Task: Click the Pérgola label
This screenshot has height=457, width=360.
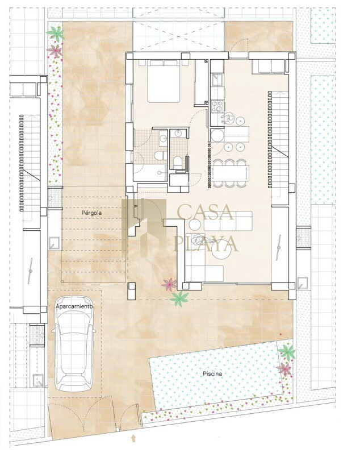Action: click(x=91, y=213)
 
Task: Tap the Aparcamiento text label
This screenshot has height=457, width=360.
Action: click(x=74, y=306)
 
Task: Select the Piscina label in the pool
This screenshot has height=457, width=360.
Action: click(x=212, y=373)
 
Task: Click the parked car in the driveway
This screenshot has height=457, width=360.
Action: click(x=74, y=344)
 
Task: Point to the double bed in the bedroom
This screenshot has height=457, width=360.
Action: click(x=164, y=81)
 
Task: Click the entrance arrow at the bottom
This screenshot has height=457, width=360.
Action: click(x=133, y=438)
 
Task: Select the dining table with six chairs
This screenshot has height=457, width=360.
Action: click(x=231, y=173)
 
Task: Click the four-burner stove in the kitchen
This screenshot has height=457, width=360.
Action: click(x=217, y=106)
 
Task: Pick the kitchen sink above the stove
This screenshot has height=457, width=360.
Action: click(x=217, y=79)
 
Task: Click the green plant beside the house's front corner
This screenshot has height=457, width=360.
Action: click(x=179, y=299)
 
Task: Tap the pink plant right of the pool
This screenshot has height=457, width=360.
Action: click(x=284, y=369)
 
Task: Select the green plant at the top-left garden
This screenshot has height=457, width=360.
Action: click(x=55, y=34)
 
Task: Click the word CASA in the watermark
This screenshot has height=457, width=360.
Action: click(x=206, y=212)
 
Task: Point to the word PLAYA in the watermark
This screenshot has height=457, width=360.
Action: click(x=206, y=243)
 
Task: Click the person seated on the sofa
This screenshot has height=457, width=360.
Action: click(x=199, y=241)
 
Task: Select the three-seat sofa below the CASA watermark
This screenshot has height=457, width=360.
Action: click(x=228, y=221)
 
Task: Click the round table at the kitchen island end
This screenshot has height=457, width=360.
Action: click(x=217, y=135)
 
